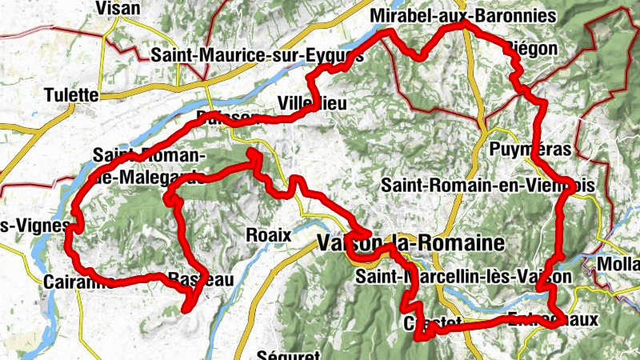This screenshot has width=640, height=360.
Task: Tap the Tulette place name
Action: [71, 94]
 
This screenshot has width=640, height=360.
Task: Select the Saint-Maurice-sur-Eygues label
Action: [257, 55]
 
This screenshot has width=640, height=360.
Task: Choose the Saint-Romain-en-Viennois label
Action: [488, 185]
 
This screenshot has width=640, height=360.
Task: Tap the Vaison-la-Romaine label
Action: [411, 242]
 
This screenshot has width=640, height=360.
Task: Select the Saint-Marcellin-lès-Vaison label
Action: [464, 277]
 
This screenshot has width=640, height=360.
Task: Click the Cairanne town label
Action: [75, 282]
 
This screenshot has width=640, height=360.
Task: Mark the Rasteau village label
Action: [200, 279]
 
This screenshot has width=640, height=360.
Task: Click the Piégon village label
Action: [531, 49]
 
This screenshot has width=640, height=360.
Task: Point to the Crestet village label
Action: [432, 322]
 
